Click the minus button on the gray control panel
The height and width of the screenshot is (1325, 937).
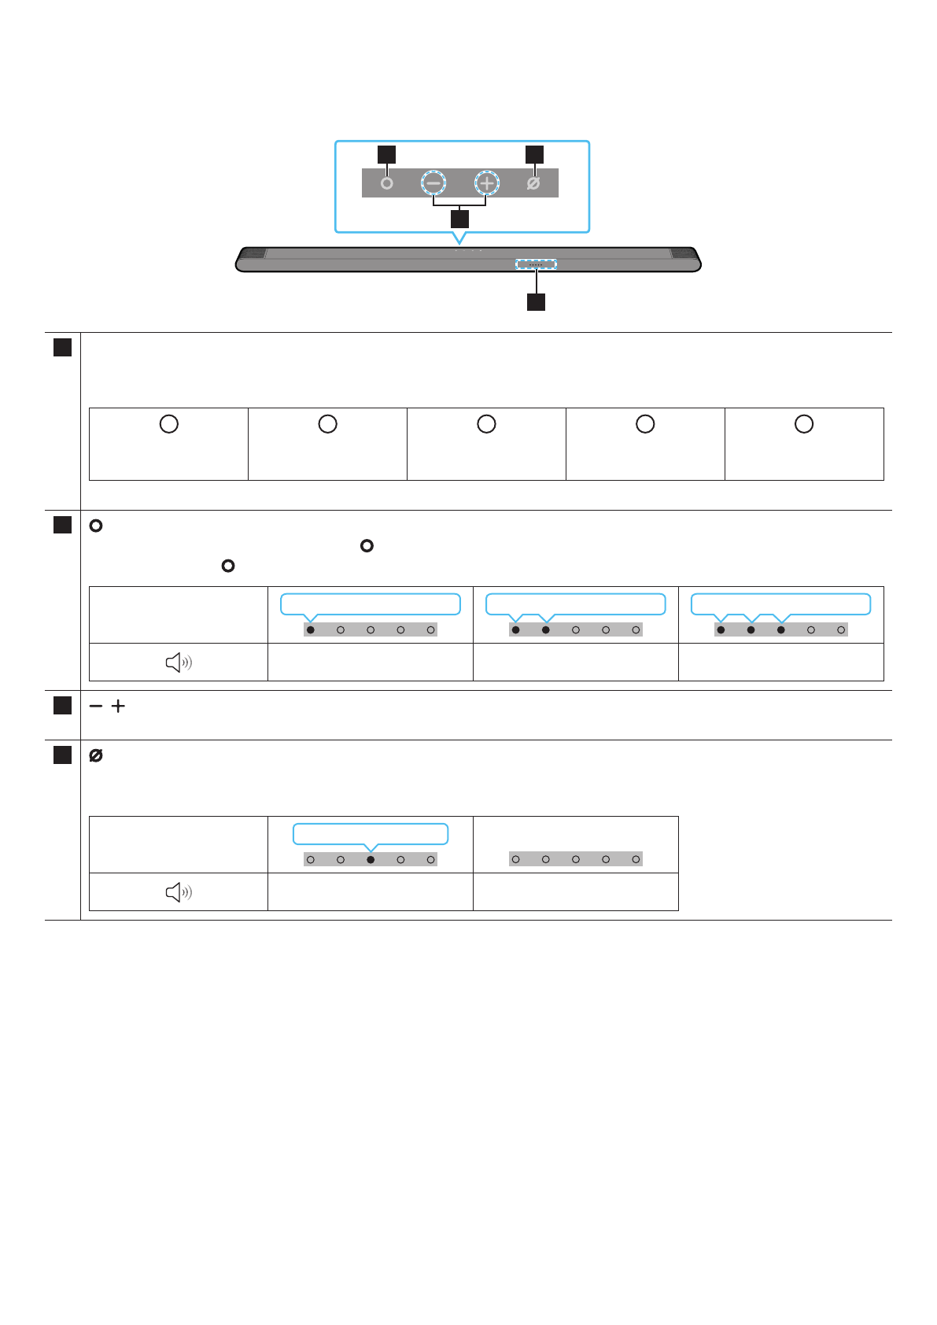433,183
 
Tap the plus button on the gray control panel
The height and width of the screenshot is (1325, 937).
487,183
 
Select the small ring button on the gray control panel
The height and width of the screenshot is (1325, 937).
386,183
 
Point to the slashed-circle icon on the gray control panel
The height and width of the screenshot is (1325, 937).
533,183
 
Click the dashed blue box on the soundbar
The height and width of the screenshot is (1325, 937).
536,264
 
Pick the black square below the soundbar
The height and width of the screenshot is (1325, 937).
536,302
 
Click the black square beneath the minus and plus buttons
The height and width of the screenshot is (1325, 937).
459,218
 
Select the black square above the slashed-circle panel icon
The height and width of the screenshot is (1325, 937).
534,154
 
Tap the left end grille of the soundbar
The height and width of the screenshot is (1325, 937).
253,253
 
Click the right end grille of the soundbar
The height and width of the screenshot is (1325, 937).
683,253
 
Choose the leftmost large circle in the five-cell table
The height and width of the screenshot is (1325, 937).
169,424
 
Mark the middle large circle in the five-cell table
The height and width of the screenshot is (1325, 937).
487,424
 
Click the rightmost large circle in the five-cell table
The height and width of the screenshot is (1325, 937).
804,424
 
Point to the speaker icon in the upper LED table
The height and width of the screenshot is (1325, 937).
179,662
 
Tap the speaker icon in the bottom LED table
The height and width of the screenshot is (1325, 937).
179,892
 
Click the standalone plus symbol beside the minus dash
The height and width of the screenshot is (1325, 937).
118,707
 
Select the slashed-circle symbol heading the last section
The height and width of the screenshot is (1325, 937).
96,756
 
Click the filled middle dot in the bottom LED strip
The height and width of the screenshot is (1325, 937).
371,860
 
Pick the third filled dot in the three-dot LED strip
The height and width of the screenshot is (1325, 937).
781,630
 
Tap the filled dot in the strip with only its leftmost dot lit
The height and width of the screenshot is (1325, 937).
311,630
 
